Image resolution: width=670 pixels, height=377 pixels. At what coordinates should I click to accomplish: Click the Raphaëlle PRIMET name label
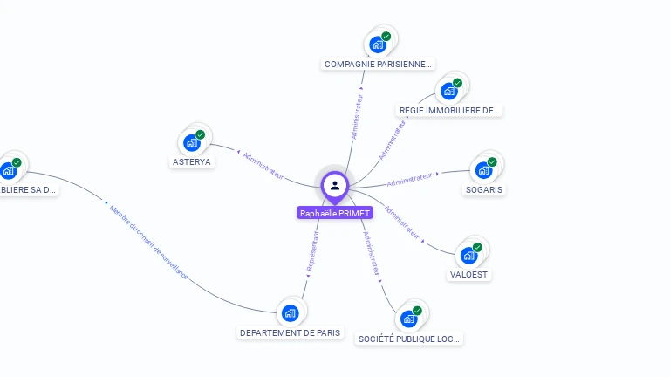click(335, 213)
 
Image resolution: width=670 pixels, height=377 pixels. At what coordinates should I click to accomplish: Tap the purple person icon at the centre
click(335, 185)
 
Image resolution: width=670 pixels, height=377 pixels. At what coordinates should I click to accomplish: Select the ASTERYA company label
click(192, 161)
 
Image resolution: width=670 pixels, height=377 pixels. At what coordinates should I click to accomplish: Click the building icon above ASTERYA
click(193, 143)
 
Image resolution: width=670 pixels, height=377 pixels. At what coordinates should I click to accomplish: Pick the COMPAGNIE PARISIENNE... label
click(378, 64)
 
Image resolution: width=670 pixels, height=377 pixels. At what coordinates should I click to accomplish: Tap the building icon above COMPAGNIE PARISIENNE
click(378, 44)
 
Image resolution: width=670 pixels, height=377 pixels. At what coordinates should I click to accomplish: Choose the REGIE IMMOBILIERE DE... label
click(449, 111)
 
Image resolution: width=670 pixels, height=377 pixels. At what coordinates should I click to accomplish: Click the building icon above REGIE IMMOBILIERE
click(449, 91)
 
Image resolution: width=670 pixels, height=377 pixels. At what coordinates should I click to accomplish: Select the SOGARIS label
click(483, 189)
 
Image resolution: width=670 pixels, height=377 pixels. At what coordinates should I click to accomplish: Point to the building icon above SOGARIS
click(483, 169)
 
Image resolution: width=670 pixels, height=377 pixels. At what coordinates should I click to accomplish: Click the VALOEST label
click(469, 274)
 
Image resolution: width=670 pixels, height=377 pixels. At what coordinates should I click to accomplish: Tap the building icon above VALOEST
click(469, 255)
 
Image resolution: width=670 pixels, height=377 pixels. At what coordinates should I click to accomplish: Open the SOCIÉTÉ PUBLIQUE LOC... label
click(409, 339)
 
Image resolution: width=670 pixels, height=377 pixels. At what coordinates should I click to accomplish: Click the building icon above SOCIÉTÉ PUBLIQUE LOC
click(409, 319)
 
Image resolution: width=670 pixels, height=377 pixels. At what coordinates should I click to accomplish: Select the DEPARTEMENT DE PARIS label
click(291, 332)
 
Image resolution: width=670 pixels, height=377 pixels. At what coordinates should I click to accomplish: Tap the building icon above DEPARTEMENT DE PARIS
click(291, 312)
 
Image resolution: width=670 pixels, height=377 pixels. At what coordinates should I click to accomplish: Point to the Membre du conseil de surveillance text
click(147, 241)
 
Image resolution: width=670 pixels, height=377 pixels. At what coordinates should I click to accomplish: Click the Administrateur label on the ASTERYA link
click(263, 165)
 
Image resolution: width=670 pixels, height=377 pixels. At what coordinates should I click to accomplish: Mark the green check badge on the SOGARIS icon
click(492, 162)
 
